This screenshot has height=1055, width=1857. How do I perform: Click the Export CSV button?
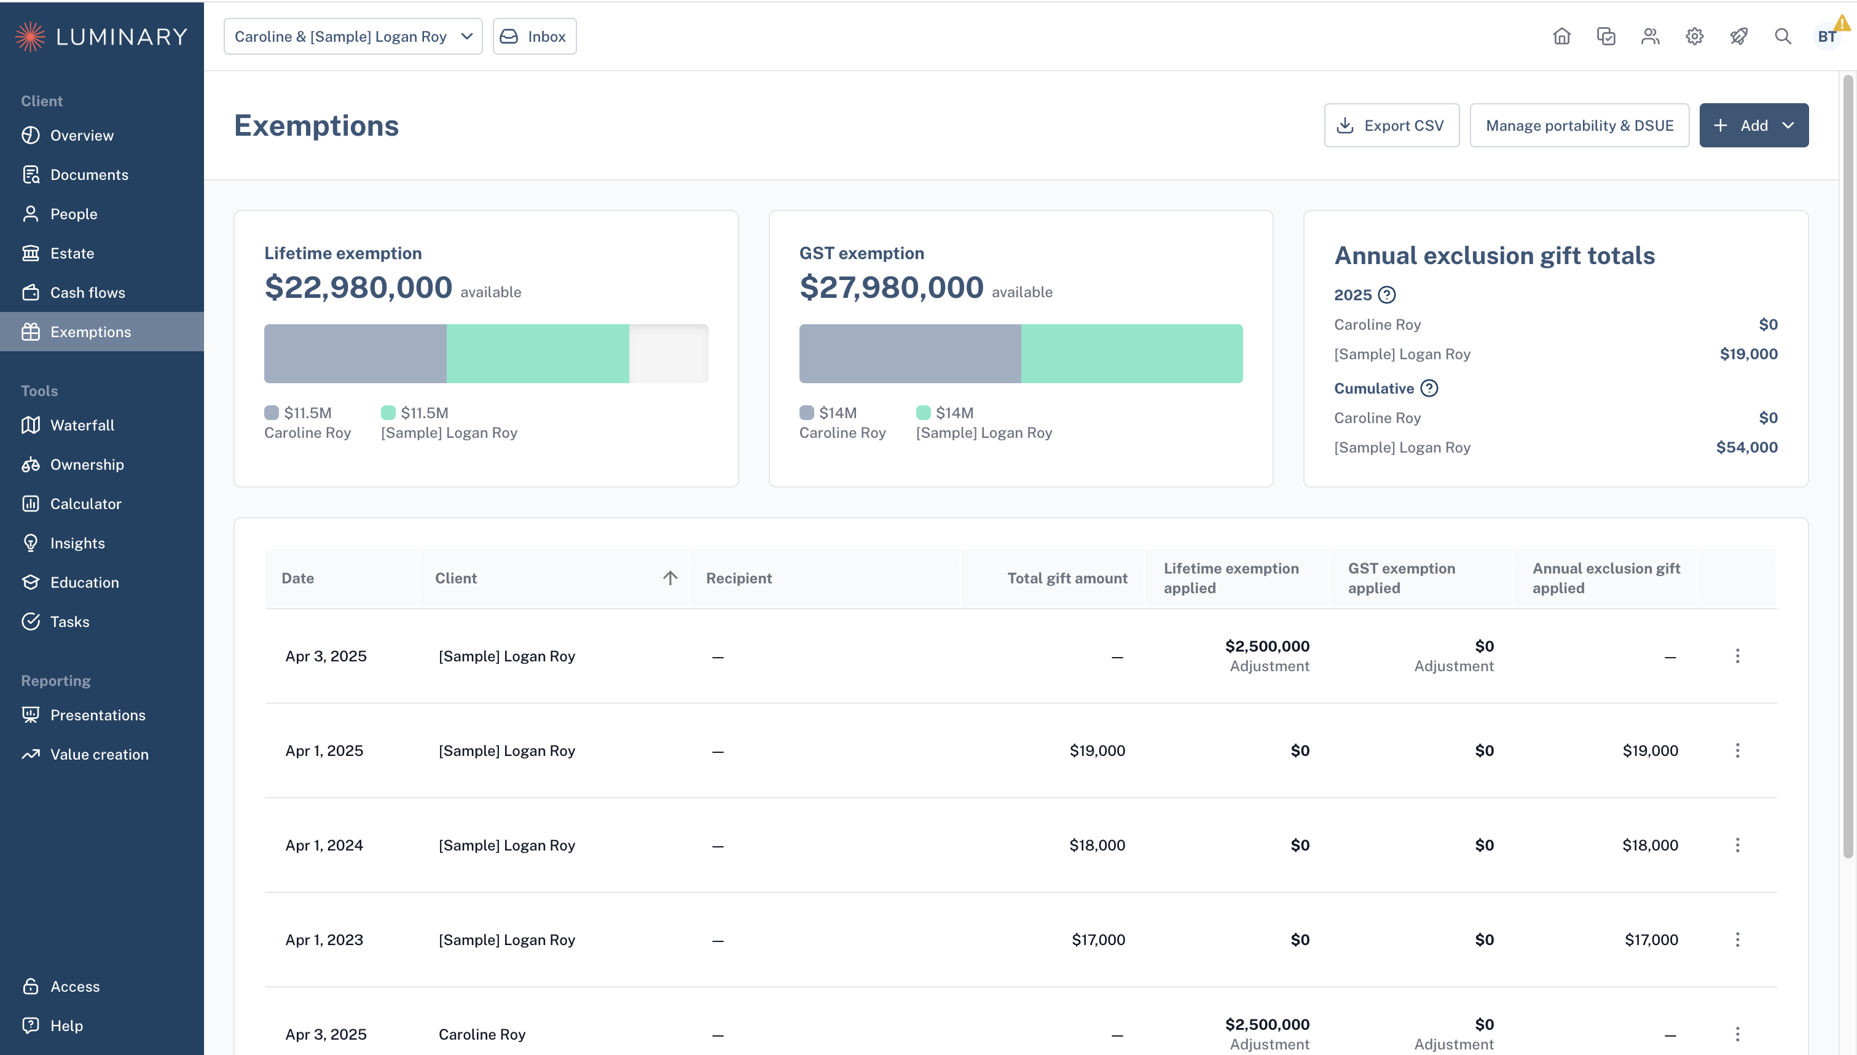coord(1391,125)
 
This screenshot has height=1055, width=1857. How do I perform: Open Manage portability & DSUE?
coord(1579,125)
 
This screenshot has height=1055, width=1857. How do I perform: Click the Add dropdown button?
coord(1753,125)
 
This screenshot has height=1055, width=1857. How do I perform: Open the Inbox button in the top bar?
coord(534,36)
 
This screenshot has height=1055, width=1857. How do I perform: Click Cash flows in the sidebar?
coord(87,293)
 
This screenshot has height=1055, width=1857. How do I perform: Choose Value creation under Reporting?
coord(98,754)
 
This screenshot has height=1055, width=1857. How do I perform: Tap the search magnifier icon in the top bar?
coord(1783,36)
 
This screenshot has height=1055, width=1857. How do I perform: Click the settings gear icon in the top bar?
coord(1694,36)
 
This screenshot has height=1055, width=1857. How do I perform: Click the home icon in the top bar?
coord(1561,36)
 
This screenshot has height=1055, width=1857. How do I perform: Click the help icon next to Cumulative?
coord(1429,388)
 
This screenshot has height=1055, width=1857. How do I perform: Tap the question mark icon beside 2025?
coord(1386,295)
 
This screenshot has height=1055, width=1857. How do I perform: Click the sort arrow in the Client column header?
coord(670,577)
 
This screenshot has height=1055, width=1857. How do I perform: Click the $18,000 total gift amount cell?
coord(1097,845)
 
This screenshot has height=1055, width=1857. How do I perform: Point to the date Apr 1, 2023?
coord(324,940)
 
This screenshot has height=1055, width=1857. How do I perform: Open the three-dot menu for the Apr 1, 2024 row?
coord(1737,845)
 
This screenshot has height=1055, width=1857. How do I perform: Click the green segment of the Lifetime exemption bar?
coord(538,354)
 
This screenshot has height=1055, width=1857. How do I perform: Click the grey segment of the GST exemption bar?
coord(909,354)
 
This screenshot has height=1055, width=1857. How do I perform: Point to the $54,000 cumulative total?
coord(1746,448)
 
